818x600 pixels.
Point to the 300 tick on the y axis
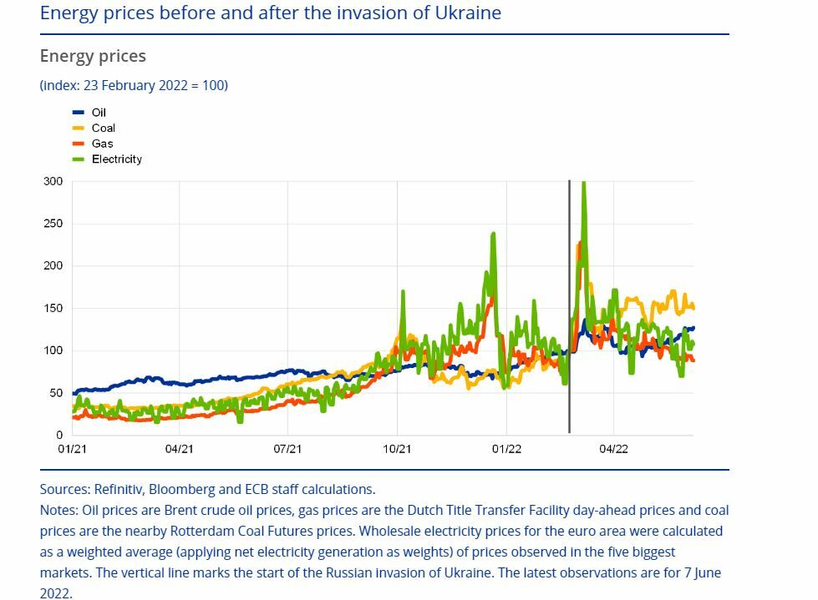(53, 181)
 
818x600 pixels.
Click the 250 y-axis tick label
(53, 224)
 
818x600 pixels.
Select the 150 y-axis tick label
(53, 308)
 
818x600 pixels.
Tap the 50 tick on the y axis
(56, 393)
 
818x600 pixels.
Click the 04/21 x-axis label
(180, 449)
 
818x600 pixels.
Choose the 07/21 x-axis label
(287, 449)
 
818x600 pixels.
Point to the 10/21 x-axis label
(397, 449)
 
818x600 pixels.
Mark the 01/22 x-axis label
(506, 449)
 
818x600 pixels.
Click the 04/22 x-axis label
(614, 449)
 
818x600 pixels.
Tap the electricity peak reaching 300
(583, 184)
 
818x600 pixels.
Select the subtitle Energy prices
(93, 56)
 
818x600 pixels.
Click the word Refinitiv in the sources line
(119, 489)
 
